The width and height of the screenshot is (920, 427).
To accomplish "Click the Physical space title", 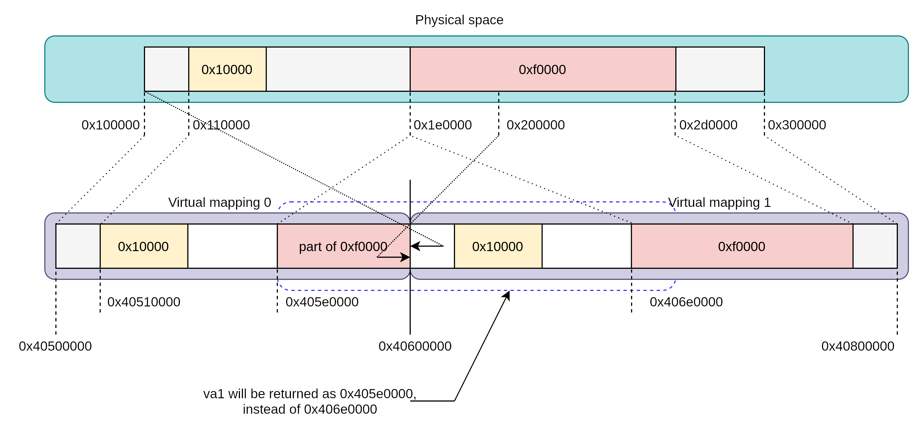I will click(459, 20).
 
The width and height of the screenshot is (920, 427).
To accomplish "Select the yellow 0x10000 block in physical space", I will click(227, 69).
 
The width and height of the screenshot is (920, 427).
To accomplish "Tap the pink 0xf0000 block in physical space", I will click(542, 69).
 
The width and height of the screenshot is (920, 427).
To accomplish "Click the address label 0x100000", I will click(110, 125).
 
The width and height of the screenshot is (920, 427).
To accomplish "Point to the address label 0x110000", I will click(221, 125).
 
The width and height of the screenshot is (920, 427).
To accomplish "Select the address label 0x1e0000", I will click(443, 125).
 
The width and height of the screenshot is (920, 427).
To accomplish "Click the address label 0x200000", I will click(535, 125).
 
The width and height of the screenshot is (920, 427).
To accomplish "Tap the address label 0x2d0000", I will click(708, 125).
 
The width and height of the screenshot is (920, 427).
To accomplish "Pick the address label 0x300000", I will click(797, 125).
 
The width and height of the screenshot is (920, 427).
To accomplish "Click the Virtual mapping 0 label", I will click(220, 202).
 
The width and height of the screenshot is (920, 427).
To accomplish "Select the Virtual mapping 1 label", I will click(719, 202).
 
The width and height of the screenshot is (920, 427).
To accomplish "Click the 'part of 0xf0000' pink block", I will click(343, 246).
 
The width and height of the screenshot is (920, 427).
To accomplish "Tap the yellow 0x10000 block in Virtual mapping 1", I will click(497, 246).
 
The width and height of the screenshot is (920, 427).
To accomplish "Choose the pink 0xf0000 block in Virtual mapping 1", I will click(741, 246).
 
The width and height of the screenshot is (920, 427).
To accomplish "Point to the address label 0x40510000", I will click(144, 302).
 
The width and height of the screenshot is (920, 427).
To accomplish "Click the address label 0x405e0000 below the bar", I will click(322, 302).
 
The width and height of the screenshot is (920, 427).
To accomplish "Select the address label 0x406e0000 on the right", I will click(686, 302).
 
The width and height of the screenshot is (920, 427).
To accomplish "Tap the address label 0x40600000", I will click(415, 346).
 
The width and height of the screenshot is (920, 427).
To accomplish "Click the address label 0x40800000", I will click(857, 346).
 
